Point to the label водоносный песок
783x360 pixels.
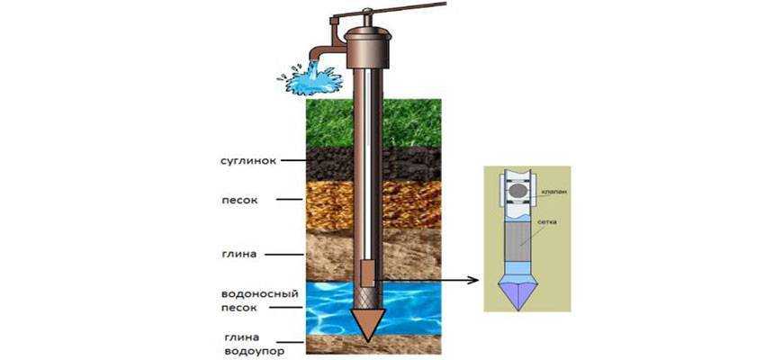point(253,300)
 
